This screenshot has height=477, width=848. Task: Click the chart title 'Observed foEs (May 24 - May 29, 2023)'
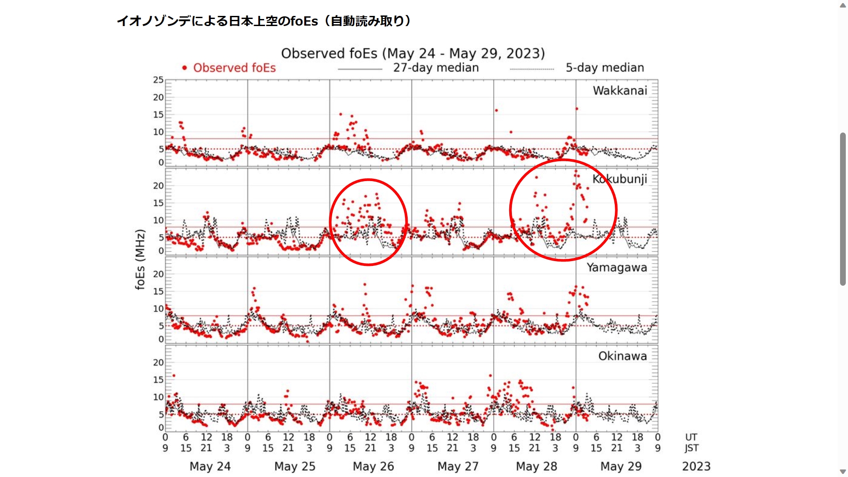pos(413,53)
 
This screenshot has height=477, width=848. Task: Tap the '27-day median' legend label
pos(436,68)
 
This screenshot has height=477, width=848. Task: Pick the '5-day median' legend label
pos(605,68)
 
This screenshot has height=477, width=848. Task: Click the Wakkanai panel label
pos(620,91)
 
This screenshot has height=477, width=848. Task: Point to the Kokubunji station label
pos(620,179)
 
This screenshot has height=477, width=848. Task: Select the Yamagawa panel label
pos(617,267)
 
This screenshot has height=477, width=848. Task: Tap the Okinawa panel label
pos(622,356)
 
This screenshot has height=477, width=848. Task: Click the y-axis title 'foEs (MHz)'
pos(140,259)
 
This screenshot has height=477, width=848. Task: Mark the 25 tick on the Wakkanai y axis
pos(158,80)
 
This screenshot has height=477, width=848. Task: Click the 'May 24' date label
pos(210,466)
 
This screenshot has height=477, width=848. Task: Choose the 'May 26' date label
pos(373,466)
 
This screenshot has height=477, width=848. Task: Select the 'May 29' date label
pos(621,466)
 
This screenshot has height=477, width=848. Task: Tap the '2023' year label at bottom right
pos(696,466)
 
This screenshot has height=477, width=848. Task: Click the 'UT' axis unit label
pos(691,437)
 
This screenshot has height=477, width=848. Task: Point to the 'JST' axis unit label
pos(691,448)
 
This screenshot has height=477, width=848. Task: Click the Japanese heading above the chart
pos(264,21)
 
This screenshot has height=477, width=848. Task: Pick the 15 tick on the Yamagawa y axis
pos(158,291)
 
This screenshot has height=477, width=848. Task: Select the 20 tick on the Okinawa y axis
pos(158,363)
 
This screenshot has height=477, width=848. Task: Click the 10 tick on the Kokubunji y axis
pos(158,220)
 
